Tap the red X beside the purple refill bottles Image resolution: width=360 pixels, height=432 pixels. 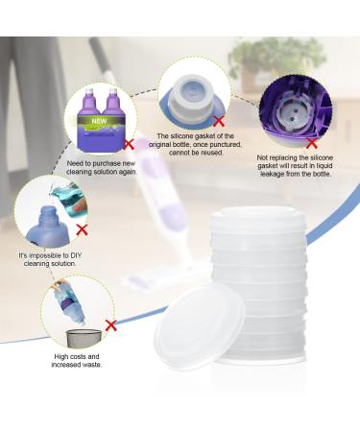(129, 144)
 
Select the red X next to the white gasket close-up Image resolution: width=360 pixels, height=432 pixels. (220, 122)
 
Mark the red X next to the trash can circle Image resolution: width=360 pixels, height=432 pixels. (111, 326)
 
